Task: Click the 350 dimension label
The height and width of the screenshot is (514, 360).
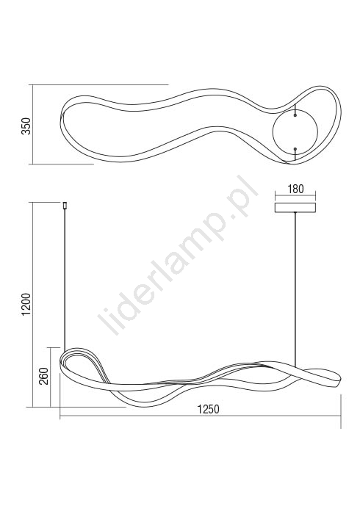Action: (26, 126)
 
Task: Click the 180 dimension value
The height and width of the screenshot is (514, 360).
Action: (295, 189)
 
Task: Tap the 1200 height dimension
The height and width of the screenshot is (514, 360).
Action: (26, 304)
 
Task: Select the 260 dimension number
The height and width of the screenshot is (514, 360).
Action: (44, 376)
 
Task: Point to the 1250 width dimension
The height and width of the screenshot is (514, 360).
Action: (208, 409)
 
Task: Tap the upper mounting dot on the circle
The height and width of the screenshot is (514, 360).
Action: (295, 115)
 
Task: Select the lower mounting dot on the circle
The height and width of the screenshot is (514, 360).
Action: (295, 149)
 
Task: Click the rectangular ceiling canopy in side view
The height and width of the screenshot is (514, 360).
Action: (295, 208)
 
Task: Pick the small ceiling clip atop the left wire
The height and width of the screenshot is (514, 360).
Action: (65, 206)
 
